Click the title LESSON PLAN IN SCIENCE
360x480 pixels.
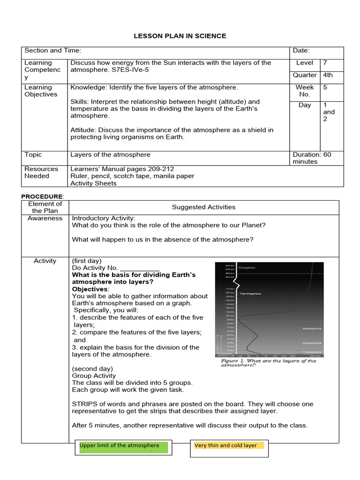(x=180, y=36)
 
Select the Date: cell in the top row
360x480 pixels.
(x=301, y=51)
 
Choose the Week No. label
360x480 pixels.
(x=305, y=90)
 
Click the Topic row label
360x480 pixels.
(x=33, y=155)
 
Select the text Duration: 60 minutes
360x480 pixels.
(x=312, y=158)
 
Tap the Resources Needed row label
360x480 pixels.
(x=41, y=172)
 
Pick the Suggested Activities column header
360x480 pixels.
(x=203, y=207)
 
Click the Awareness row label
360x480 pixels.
(x=45, y=218)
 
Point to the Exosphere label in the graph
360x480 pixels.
(x=247, y=268)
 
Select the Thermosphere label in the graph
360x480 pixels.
(x=250, y=294)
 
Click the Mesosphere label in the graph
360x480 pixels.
(x=312, y=329)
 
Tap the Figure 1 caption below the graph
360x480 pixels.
(x=268, y=363)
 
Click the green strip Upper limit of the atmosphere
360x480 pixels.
(x=120, y=446)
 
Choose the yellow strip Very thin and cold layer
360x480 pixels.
(x=226, y=446)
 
